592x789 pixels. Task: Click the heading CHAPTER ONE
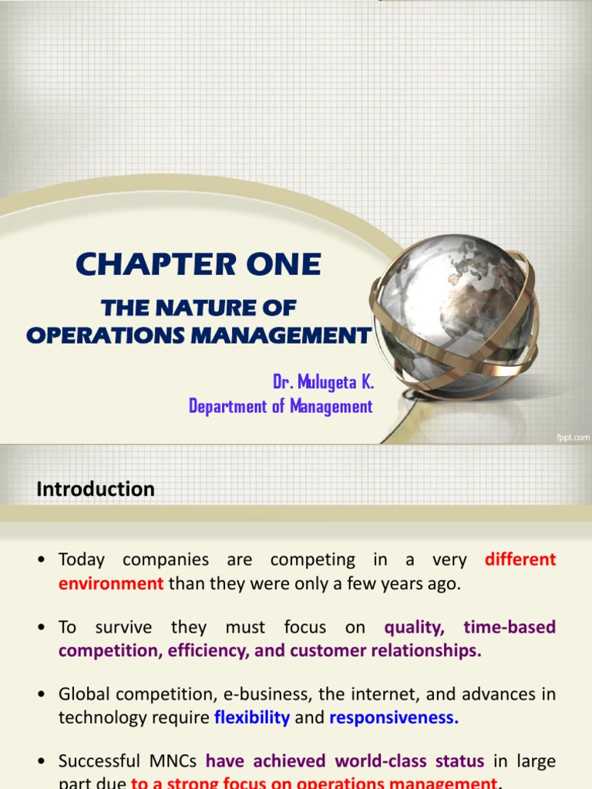[x=198, y=265]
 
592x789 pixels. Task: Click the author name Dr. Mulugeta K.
[x=322, y=383]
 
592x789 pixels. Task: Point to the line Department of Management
[x=281, y=406]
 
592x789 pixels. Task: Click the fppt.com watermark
[x=572, y=438]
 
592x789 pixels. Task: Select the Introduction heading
[x=96, y=489]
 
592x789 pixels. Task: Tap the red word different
[x=520, y=559]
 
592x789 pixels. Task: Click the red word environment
[x=111, y=583]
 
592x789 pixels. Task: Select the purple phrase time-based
[x=510, y=627]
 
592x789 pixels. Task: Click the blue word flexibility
[x=252, y=717]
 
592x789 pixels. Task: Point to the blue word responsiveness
[x=394, y=717]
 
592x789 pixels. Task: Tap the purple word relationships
[x=422, y=650]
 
